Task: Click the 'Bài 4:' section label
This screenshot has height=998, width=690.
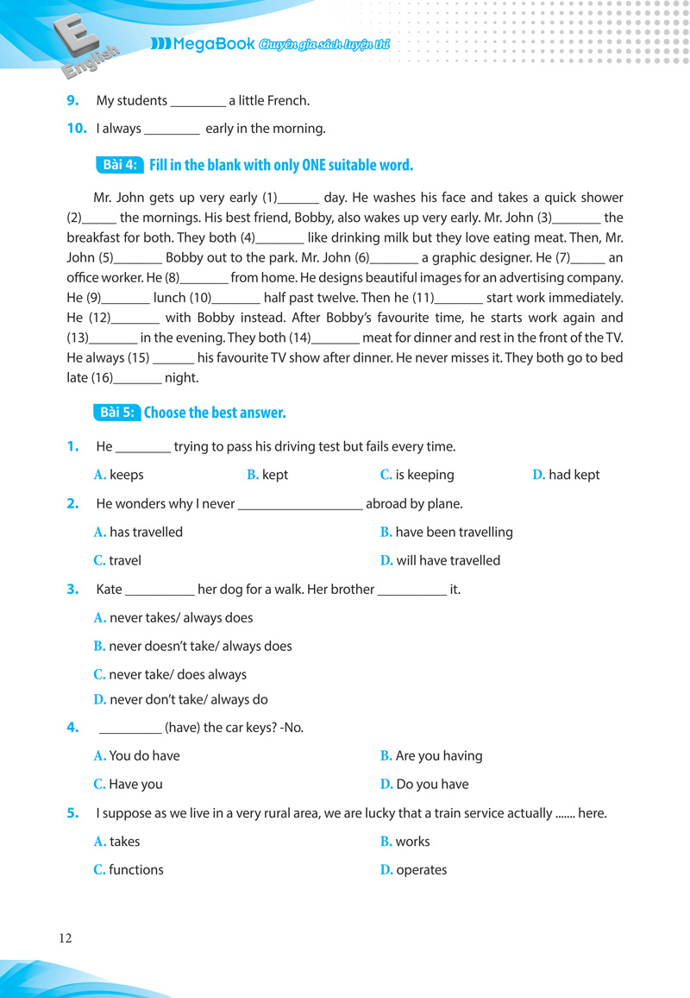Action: pyautogui.click(x=119, y=165)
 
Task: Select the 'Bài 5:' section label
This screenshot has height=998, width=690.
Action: pyautogui.click(x=117, y=413)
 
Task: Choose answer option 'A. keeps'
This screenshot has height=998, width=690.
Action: pyautogui.click(x=119, y=475)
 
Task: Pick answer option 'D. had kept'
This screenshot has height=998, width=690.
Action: pyautogui.click(x=566, y=475)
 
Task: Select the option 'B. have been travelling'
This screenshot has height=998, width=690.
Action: pyautogui.click(x=446, y=532)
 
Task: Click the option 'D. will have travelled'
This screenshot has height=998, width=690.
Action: pyautogui.click(x=440, y=560)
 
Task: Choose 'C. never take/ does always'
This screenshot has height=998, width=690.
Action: pyautogui.click(x=170, y=674)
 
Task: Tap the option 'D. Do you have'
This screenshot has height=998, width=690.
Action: pyautogui.click(x=424, y=784)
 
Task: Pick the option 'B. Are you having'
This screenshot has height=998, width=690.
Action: pyautogui.click(x=431, y=755)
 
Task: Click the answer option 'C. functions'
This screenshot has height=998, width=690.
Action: pyautogui.click(x=129, y=869)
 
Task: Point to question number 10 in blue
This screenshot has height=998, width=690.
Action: pyautogui.click(x=77, y=129)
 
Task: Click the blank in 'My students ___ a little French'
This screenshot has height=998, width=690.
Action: pyautogui.click(x=198, y=102)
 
